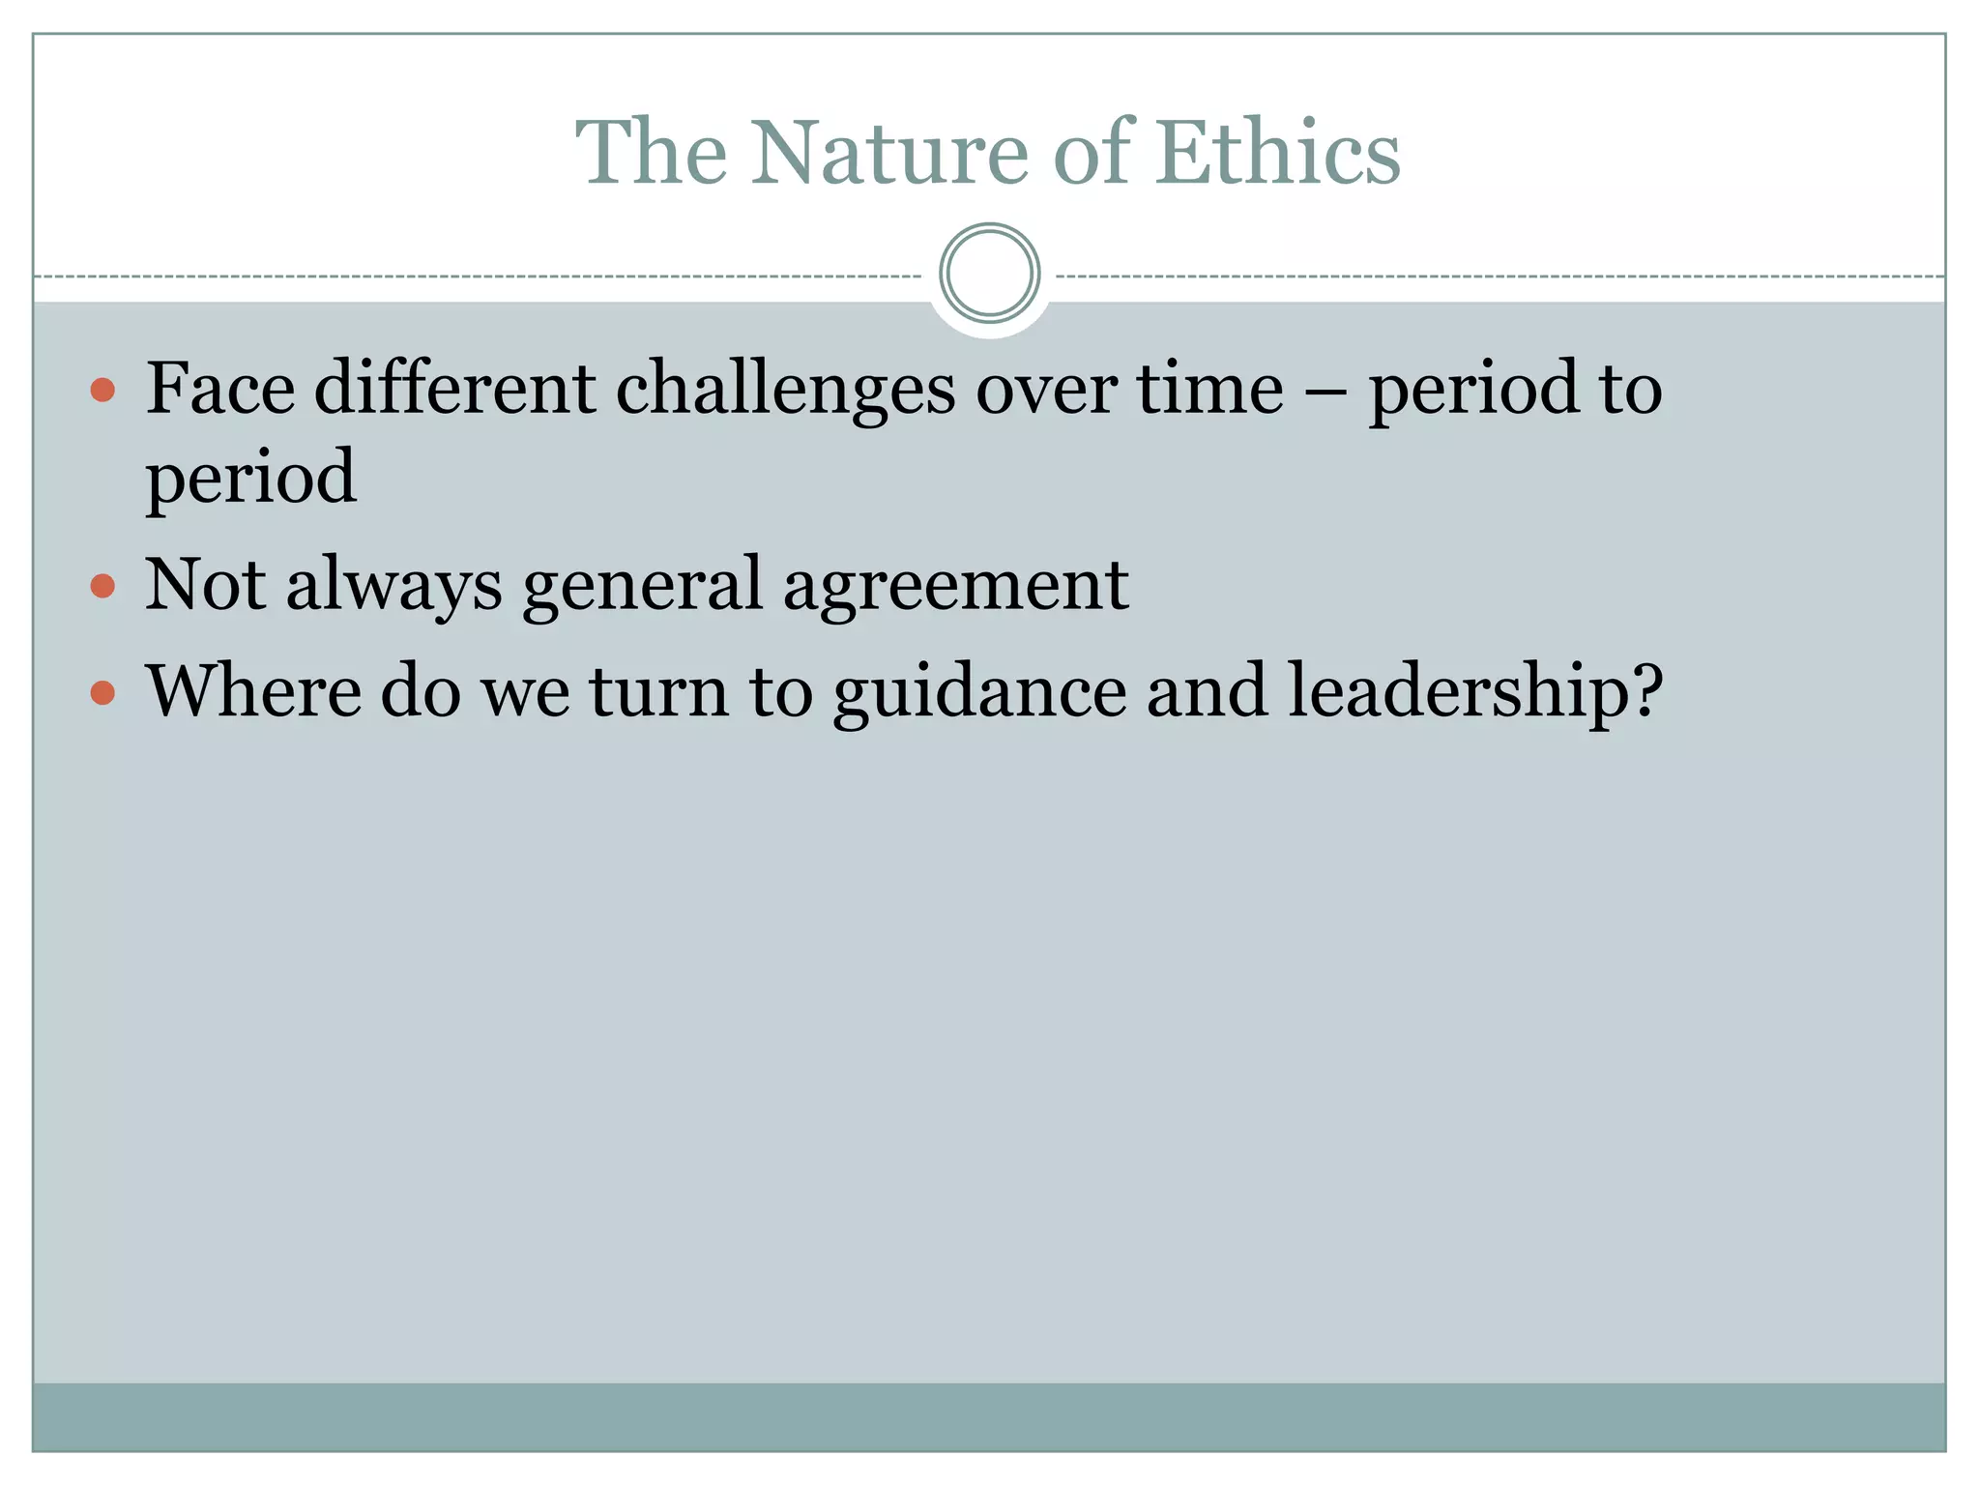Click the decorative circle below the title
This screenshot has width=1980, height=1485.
(x=989, y=273)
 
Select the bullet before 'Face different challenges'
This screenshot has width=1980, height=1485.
(x=102, y=391)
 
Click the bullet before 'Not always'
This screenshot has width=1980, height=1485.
(x=102, y=586)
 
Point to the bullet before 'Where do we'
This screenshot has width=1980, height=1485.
(x=102, y=692)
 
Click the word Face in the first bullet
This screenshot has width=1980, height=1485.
(x=220, y=389)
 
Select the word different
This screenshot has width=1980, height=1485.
(x=454, y=389)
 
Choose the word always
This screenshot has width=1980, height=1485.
(x=394, y=586)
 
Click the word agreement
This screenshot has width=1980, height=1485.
(x=955, y=586)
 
